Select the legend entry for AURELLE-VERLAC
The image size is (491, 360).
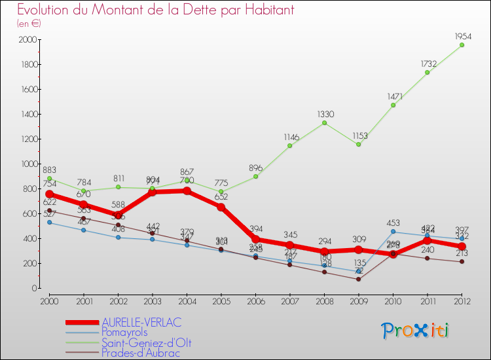point(141,322)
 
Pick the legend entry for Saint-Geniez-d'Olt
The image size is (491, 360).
point(147,342)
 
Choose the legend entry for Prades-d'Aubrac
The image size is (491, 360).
point(141,353)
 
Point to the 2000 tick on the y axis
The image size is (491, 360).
point(27,40)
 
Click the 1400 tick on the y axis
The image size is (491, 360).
point(27,115)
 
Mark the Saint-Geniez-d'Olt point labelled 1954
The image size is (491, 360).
point(462,45)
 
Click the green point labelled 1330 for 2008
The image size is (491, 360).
point(324,122)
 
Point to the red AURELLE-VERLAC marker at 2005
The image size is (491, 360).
point(221,207)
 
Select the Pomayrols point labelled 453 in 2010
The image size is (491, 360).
point(393,232)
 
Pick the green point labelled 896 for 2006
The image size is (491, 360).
point(255,177)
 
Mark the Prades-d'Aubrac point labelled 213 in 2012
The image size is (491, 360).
point(462,262)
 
